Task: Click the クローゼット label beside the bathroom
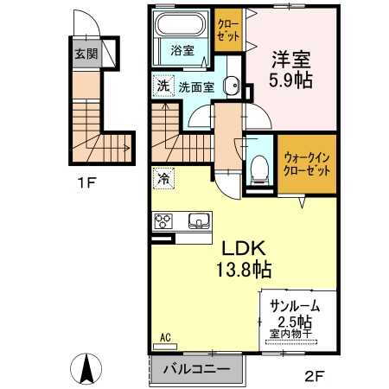tap(229, 30)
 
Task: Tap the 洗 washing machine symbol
tap(162, 86)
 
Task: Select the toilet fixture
tap(258, 169)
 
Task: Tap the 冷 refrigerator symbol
tap(163, 179)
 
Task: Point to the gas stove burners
tap(164, 221)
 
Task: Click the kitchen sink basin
tap(199, 221)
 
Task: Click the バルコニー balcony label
tap(198, 369)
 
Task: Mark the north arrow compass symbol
tap(87, 370)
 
